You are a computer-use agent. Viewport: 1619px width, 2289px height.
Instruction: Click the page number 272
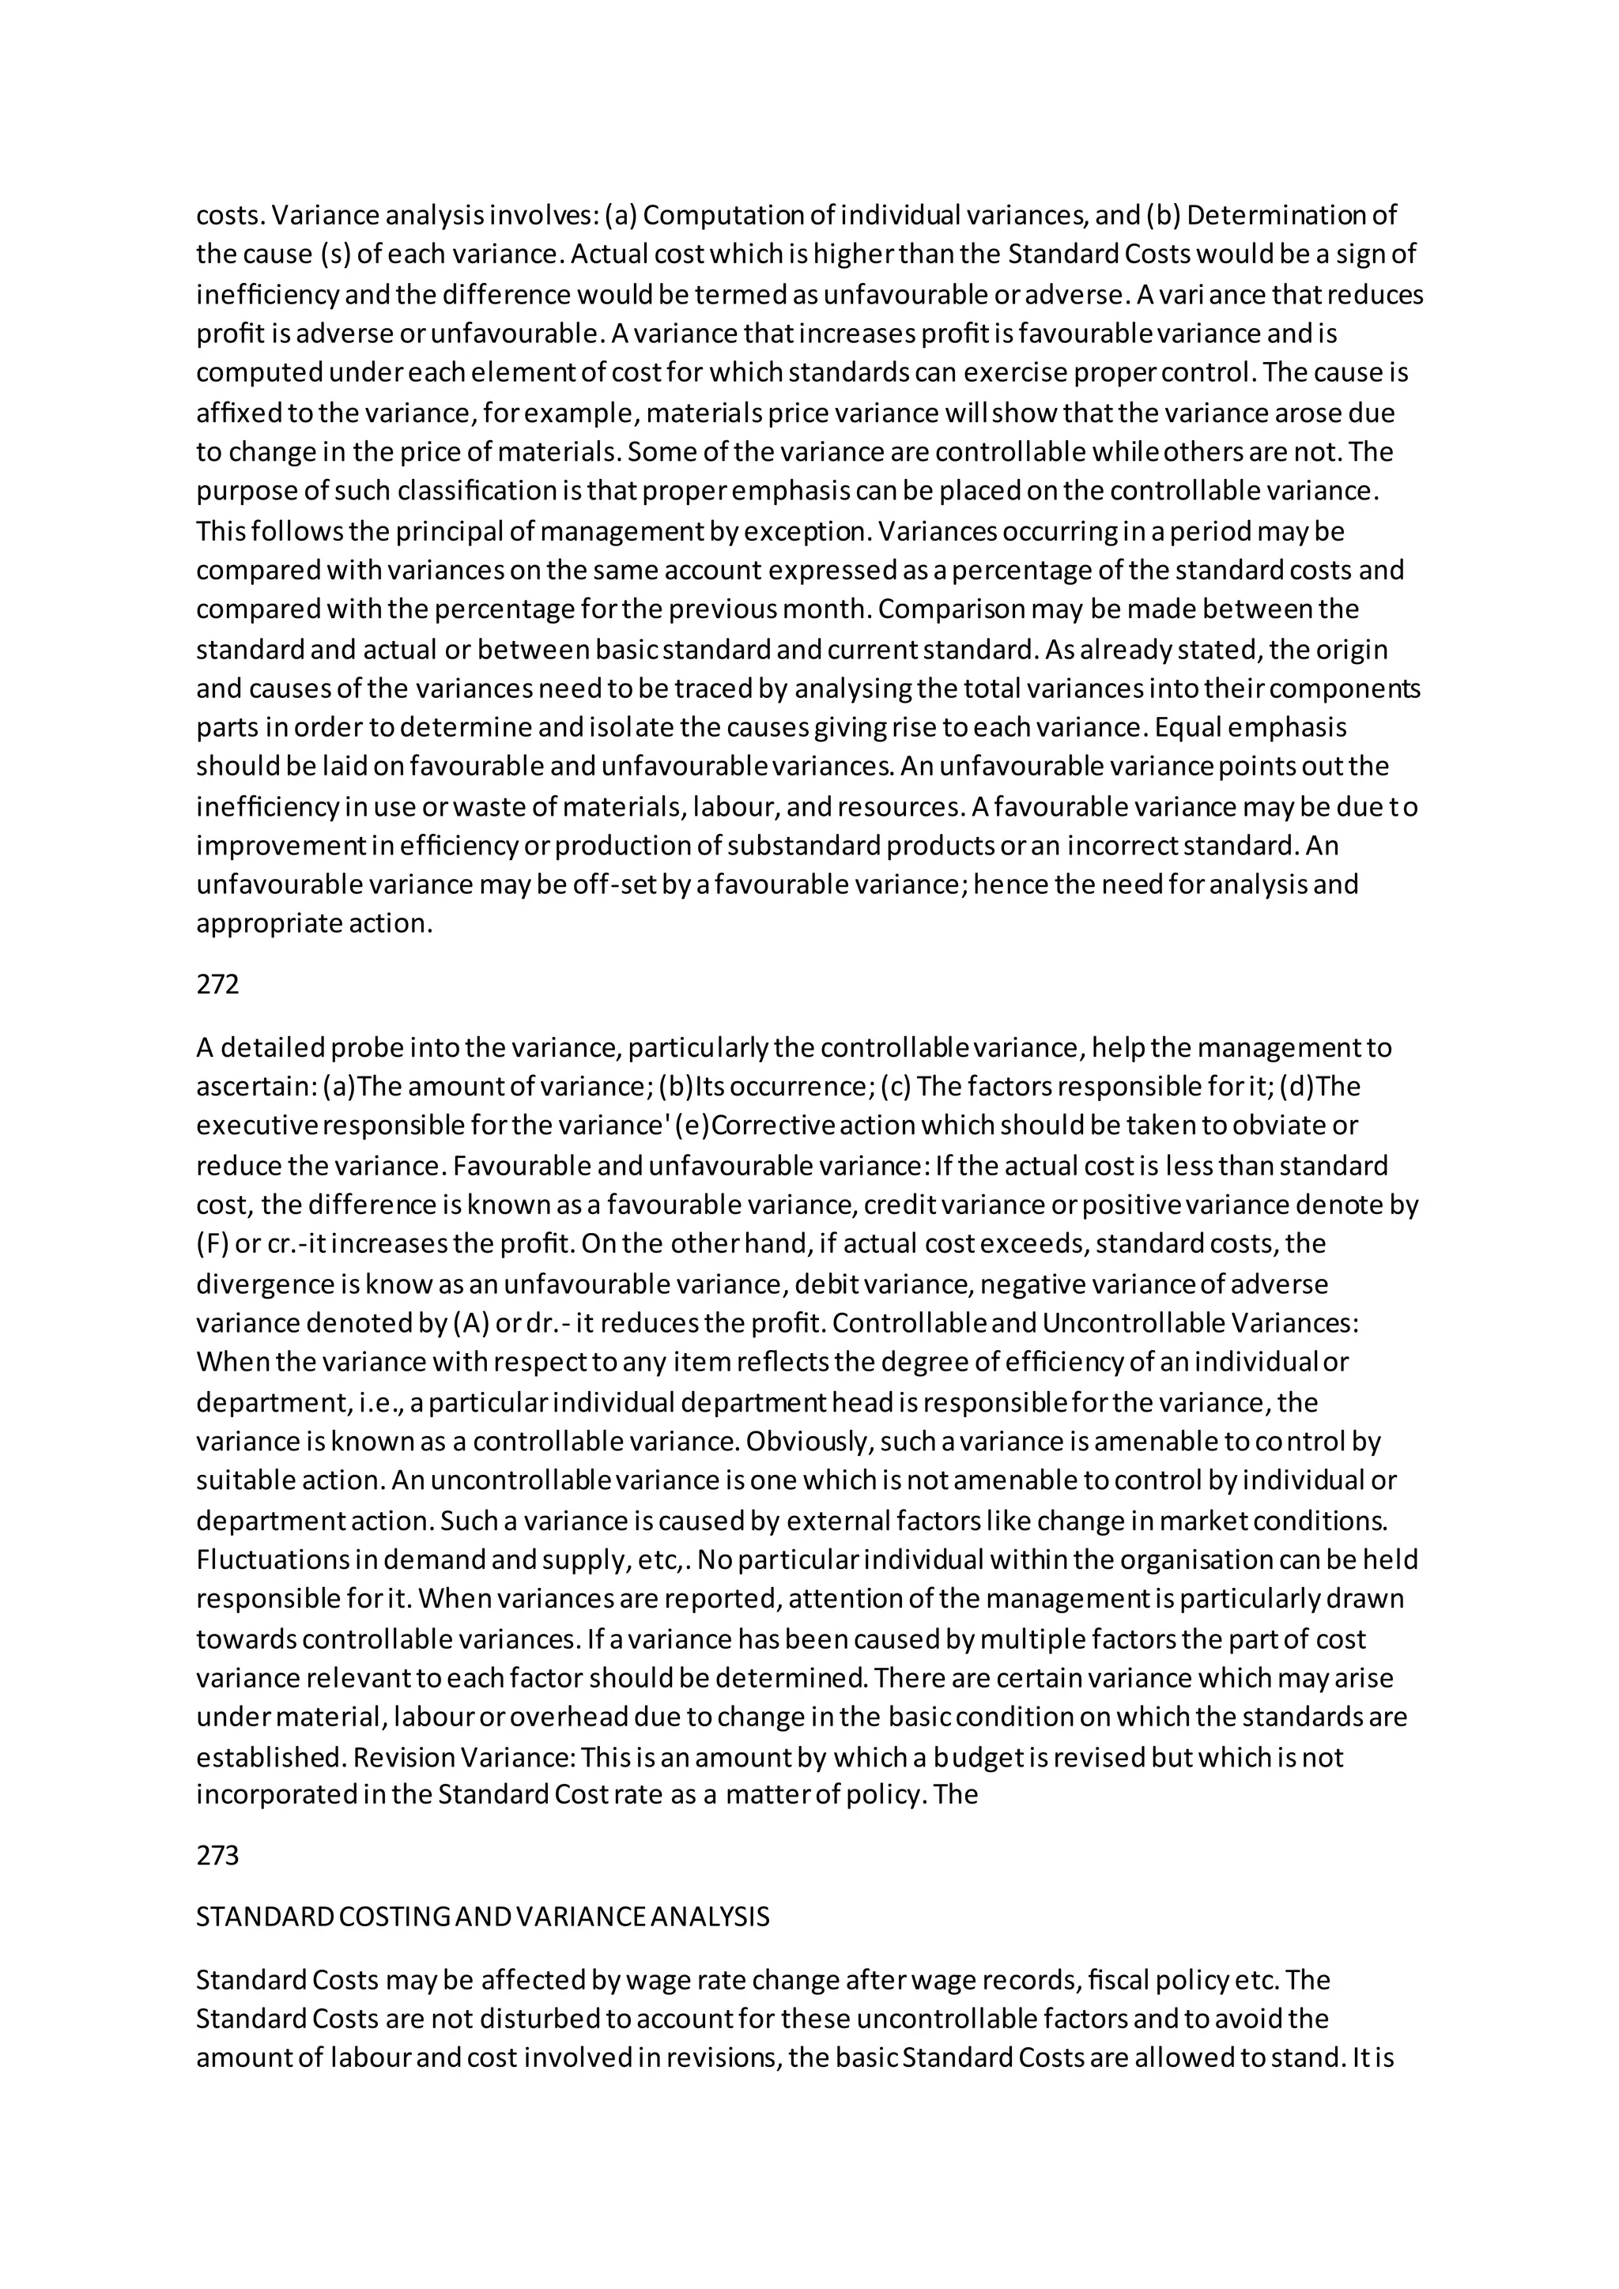coord(217,985)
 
